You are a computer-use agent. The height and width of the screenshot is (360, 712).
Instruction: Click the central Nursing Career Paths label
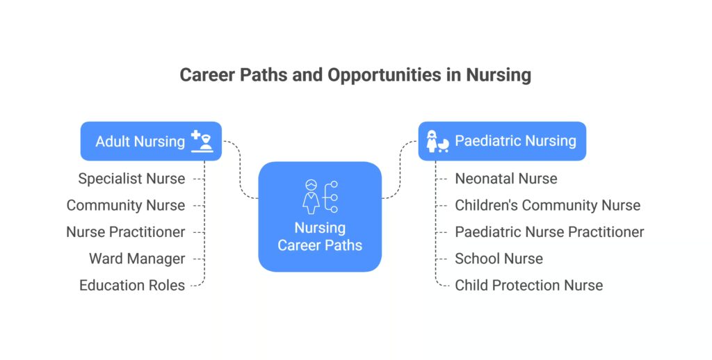320,236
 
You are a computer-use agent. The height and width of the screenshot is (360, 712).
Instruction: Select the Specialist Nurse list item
131,179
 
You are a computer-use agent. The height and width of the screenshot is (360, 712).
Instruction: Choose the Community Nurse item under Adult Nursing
126,205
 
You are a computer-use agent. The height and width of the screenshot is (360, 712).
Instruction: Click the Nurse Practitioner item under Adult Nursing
126,231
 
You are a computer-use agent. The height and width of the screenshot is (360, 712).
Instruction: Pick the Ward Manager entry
137,259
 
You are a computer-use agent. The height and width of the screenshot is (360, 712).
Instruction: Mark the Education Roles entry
132,285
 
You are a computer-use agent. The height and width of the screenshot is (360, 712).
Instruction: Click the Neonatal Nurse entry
505,179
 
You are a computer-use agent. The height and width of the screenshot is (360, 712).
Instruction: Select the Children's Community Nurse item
547,205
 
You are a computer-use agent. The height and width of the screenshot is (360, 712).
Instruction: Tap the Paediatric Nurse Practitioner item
549,231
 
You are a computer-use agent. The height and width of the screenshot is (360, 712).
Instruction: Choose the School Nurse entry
499,259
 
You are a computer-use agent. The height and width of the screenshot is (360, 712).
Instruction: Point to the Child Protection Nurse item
528,285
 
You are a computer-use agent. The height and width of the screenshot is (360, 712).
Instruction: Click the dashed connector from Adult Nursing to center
240,170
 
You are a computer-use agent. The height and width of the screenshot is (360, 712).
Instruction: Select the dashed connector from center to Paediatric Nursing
400,170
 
